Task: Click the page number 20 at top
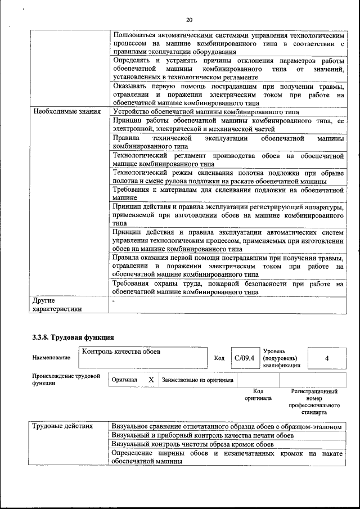tap(189, 20)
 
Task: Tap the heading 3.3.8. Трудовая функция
tap(73, 337)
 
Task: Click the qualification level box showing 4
tap(326, 358)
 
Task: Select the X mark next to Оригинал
tap(151, 380)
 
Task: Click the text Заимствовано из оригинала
tap(197, 380)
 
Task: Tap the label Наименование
tap(51, 358)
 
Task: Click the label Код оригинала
tap(258, 394)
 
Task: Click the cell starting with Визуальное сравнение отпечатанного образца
tap(227, 426)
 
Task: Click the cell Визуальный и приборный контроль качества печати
tap(202, 435)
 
